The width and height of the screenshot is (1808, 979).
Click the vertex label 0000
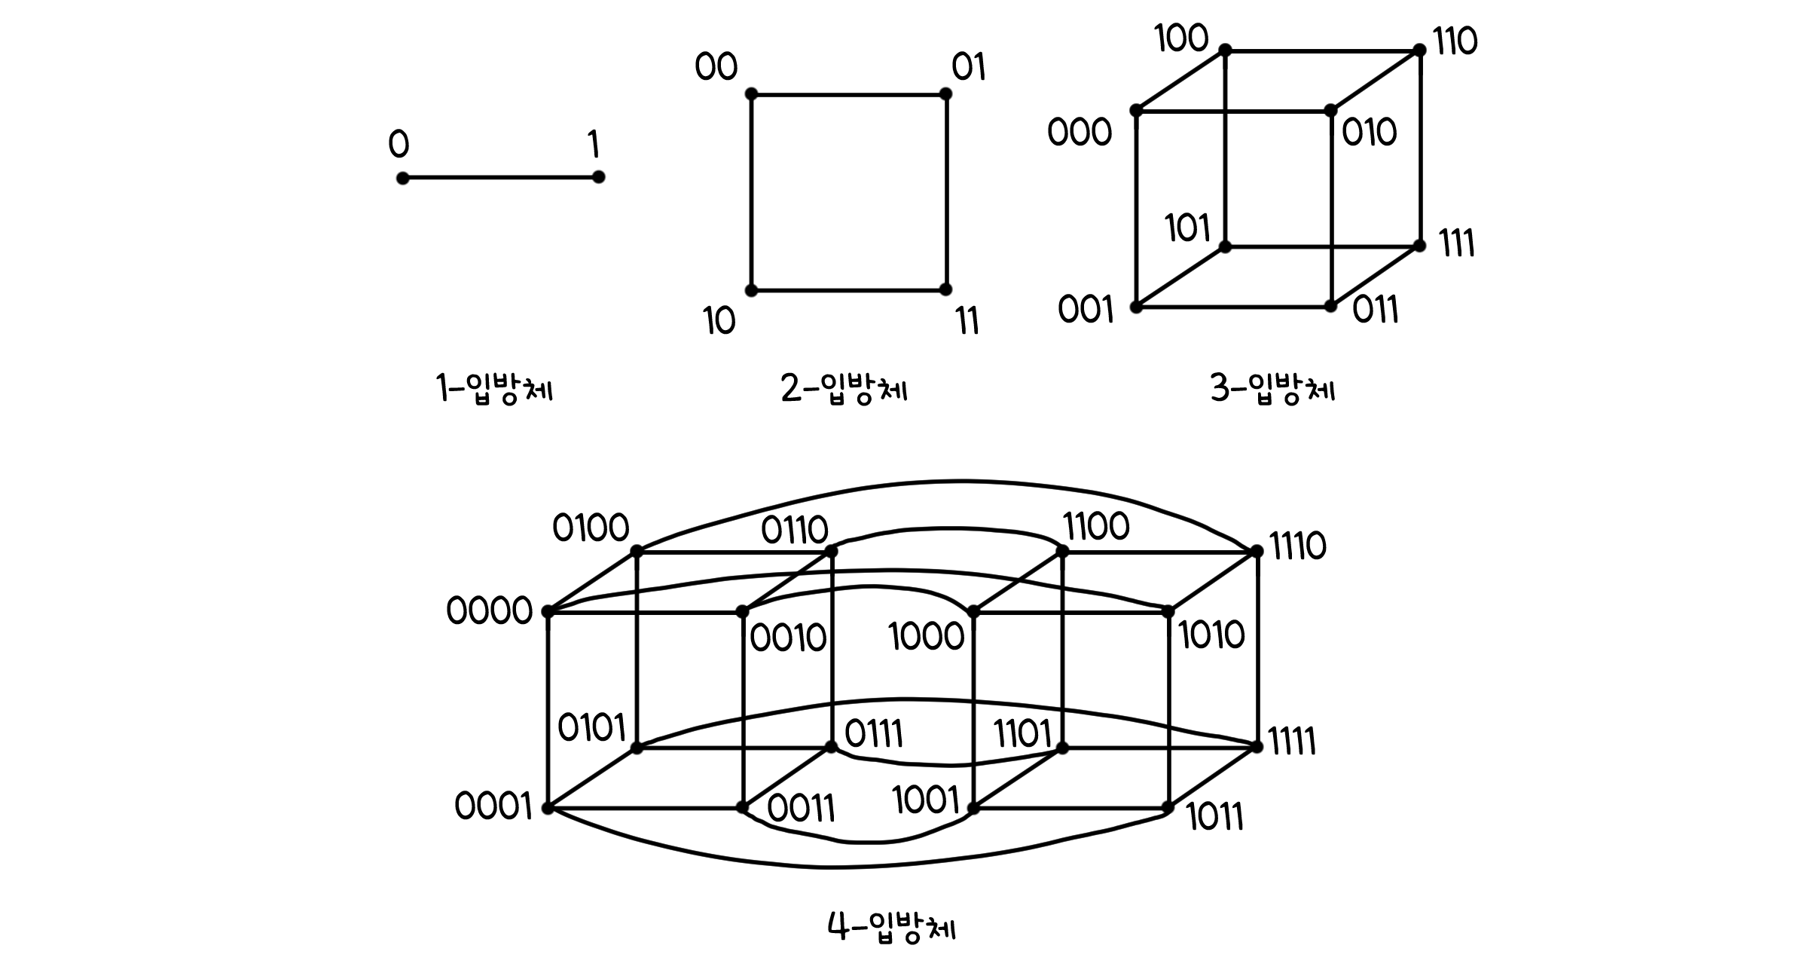490,610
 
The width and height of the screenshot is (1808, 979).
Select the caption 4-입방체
892,927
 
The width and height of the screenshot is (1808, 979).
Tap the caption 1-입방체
495,389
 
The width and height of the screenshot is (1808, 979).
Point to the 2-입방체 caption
844,389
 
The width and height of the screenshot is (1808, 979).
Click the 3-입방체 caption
1272,389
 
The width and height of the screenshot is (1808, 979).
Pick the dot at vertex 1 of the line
598,177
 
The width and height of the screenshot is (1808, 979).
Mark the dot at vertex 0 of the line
403,178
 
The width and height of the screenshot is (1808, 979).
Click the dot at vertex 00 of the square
751,94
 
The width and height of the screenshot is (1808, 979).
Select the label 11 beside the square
967,322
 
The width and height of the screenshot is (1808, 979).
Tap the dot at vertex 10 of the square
751,290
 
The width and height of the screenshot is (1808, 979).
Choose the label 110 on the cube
1455,41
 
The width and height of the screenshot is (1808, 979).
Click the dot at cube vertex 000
1136,111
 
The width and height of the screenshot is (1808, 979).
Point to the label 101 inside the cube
1188,228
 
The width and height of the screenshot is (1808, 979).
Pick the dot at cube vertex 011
1330,306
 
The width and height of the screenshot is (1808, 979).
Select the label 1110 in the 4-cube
1297,546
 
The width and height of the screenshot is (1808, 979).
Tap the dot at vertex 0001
548,808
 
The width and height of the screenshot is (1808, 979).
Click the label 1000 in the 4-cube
926,637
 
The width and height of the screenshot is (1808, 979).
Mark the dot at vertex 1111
1256,746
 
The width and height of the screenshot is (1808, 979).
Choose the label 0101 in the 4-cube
591,728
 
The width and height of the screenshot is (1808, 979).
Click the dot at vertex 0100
637,551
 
